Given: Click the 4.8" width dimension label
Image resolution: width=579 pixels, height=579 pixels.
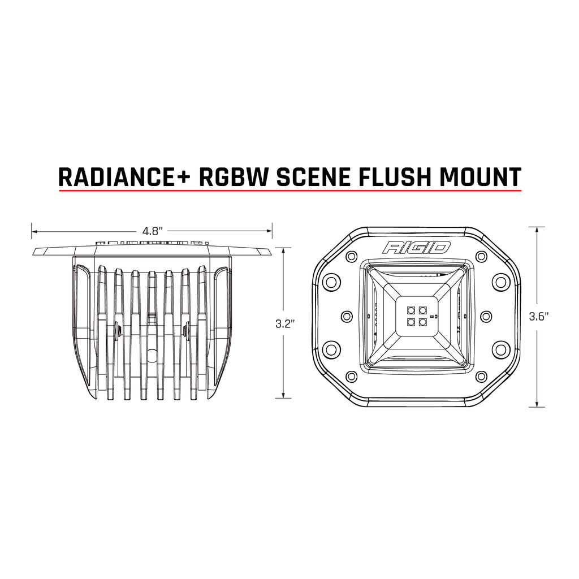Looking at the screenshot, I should pos(152,231).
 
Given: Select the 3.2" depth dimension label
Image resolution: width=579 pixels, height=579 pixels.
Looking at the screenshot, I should pos(283,323).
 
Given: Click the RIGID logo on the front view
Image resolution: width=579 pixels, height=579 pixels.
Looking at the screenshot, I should pos(417,248).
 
